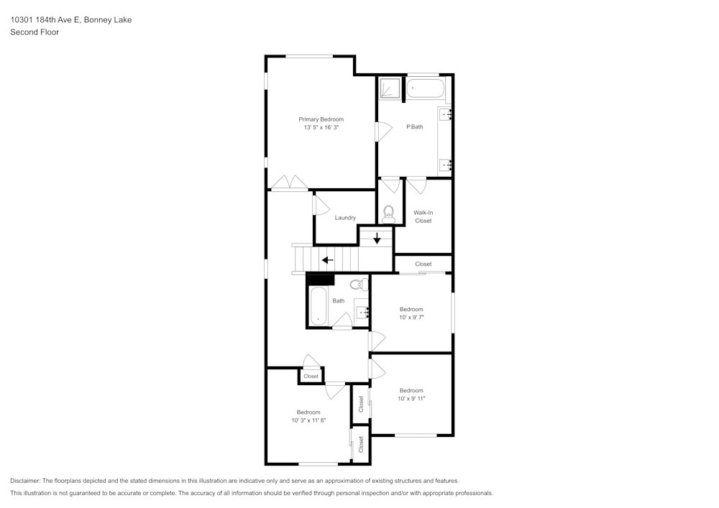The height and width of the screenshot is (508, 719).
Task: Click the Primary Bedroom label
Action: pos(321,119)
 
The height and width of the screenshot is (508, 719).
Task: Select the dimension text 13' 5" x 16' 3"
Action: pos(321,127)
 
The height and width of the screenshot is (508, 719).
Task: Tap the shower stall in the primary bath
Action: pos(389,88)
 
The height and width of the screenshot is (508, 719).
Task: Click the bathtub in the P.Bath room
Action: pos(425,90)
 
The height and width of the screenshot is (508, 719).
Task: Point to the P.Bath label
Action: pos(415,127)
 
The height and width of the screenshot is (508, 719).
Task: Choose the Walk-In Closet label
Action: pos(423,216)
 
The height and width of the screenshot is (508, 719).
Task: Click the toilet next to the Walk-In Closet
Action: pos(389,213)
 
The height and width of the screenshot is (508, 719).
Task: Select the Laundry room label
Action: pos(345,218)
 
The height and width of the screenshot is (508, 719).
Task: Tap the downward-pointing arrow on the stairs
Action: pos(377,238)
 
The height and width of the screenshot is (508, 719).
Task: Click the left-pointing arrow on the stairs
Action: pos(327,260)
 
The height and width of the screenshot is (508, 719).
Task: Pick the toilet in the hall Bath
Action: pos(359,285)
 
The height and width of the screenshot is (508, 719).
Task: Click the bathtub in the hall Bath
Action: pos(318,305)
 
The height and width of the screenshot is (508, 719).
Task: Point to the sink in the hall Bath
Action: pos(362,311)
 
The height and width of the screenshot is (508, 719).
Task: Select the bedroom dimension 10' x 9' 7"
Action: pos(411,317)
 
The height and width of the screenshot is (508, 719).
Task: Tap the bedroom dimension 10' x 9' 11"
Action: pos(411,399)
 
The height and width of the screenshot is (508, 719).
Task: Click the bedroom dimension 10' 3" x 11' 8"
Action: pos(308,420)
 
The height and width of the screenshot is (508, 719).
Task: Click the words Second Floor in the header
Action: pos(35,32)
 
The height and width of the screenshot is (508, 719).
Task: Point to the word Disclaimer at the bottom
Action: pos(25,481)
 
